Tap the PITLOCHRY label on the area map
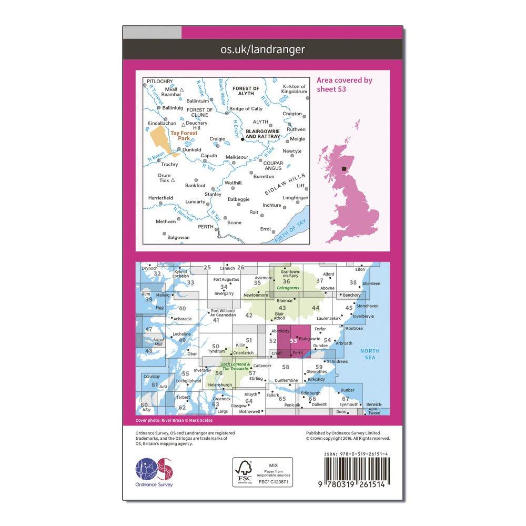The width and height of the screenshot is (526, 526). click(159, 81)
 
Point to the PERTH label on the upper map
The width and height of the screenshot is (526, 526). click(205, 227)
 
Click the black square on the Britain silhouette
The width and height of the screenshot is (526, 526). click(345, 169)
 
